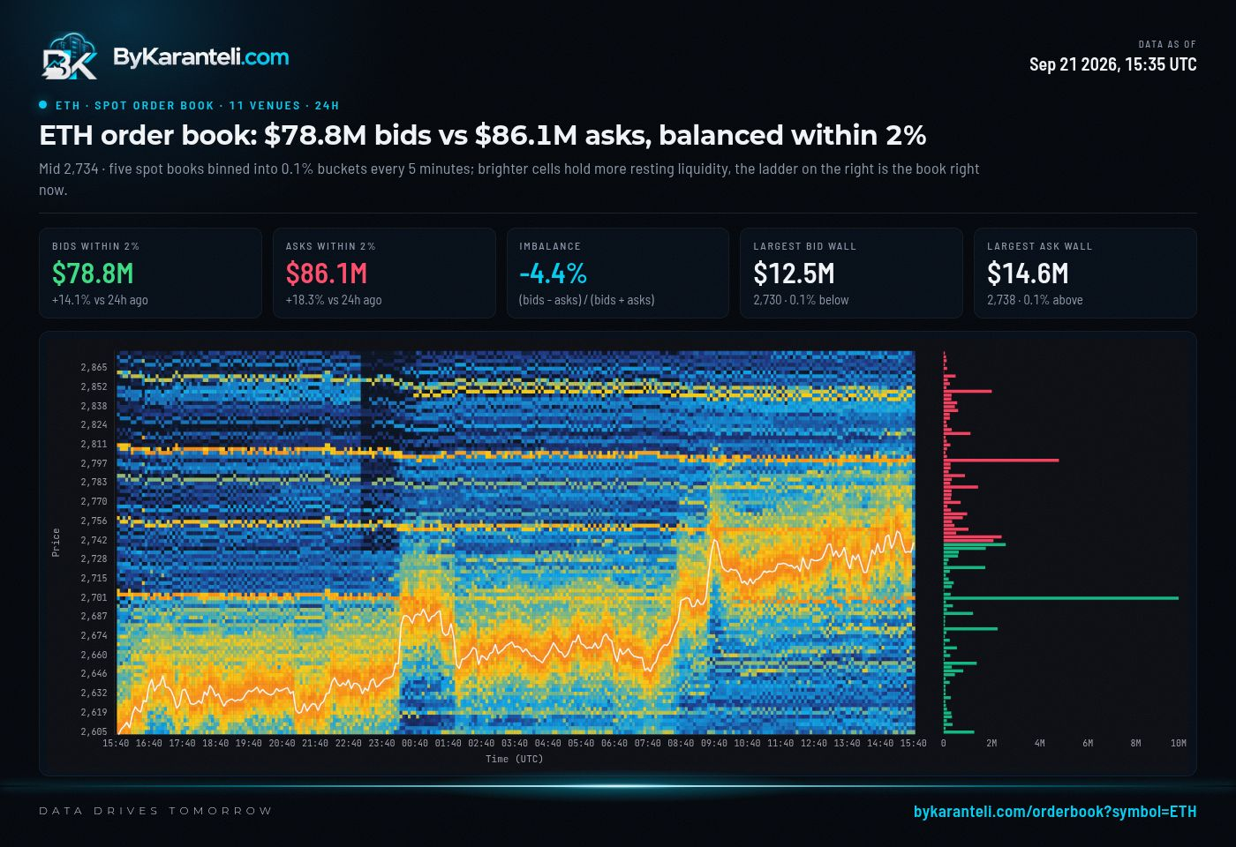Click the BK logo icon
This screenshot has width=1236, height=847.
pyautogui.click(x=70, y=56)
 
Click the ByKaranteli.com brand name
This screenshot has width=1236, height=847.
pyautogui.click(x=201, y=56)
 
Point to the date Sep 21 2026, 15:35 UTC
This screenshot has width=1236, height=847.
pyautogui.click(x=1113, y=64)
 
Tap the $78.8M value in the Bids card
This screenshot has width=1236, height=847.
pyautogui.click(x=93, y=274)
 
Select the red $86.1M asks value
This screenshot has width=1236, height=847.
pyautogui.click(x=326, y=274)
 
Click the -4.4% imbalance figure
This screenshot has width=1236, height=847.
pyautogui.click(x=553, y=274)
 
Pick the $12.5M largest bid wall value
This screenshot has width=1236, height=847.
pyautogui.click(x=794, y=274)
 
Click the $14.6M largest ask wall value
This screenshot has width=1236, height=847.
pyautogui.click(x=1028, y=274)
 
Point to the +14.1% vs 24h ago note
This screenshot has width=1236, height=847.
pyautogui.click(x=100, y=300)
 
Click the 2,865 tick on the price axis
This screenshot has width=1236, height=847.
pyautogui.click(x=94, y=367)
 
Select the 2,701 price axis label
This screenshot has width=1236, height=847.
pyautogui.click(x=94, y=597)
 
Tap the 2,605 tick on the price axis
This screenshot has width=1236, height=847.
pyautogui.click(x=94, y=731)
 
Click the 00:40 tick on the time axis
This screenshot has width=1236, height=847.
pyautogui.click(x=414, y=743)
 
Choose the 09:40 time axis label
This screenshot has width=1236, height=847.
pyautogui.click(x=714, y=743)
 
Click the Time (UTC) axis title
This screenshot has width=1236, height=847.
pyautogui.click(x=514, y=760)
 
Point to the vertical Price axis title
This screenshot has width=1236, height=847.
pyautogui.click(x=56, y=543)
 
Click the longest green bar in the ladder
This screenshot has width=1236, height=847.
pyautogui.click(x=1061, y=598)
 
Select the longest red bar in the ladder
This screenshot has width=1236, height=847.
pyautogui.click(x=1001, y=460)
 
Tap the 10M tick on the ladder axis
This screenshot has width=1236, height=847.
pyautogui.click(x=1178, y=743)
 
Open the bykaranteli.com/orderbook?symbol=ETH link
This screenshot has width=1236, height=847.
pyautogui.click(x=1055, y=811)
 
